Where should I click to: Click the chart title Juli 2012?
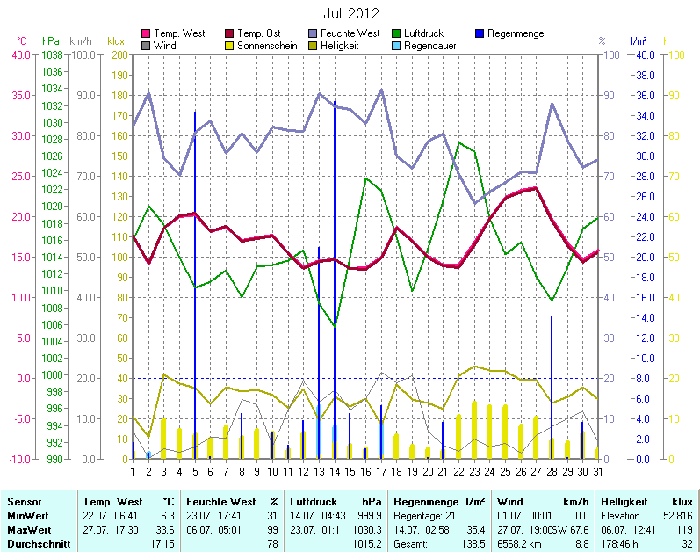(x=350, y=14)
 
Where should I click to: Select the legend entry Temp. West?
(x=178, y=33)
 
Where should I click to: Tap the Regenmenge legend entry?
(x=515, y=33)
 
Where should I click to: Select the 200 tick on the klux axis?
(x=119, y=54)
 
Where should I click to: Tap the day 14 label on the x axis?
(x=335, y=473)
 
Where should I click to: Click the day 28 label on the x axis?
(x=552, y=473)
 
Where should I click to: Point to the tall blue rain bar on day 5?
(x=195, y=281)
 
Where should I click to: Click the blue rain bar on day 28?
(x=552, y=387)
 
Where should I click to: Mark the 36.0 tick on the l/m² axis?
(x=644, y=95)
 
